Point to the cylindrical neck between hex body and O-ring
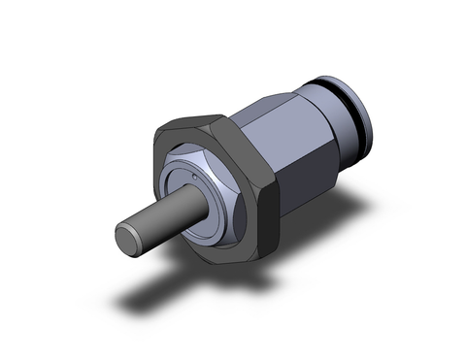point(321,112)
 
